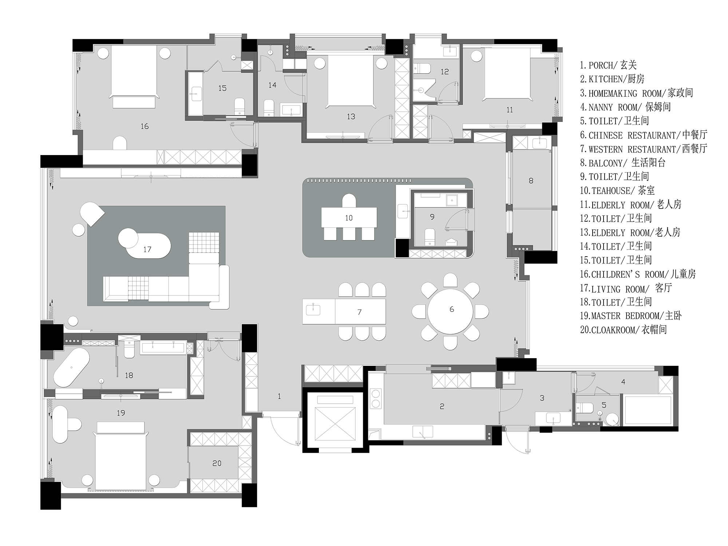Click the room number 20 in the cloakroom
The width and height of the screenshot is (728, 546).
[x=217, y=463]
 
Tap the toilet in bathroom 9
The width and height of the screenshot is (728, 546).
[x=430, y=237]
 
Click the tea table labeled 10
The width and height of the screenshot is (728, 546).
[x=349, y=218]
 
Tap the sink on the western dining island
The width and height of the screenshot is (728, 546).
[x=313, y=310]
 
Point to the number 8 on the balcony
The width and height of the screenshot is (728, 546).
[x=531, y=181]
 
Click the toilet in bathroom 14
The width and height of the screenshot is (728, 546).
[x=269, y=108]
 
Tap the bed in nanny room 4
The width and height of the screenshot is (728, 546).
[x=648, y=410]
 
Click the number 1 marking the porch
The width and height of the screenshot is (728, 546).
[x=279, y=396]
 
